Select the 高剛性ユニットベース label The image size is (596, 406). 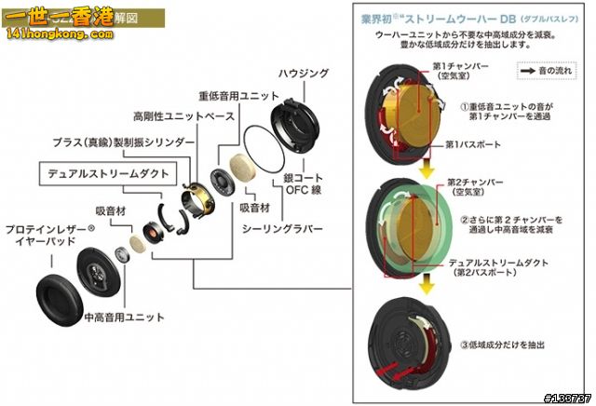coord(183,118)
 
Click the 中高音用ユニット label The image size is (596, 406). coord(124,318)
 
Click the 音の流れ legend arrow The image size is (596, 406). coord(526,71)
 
